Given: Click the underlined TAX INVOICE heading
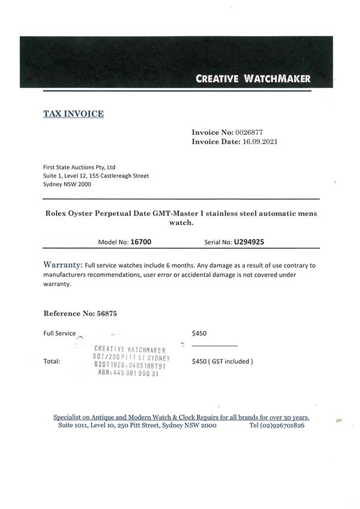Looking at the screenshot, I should click(x=73, y=113).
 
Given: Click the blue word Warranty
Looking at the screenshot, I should click(x=62, y=264).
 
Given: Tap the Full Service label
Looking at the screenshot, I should click(x=60, y=334).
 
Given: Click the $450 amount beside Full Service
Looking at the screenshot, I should click(x=199, y=334).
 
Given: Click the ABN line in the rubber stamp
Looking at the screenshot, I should click(x=128, y=374).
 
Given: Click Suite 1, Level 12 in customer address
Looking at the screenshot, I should click(x=67, y=176).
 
